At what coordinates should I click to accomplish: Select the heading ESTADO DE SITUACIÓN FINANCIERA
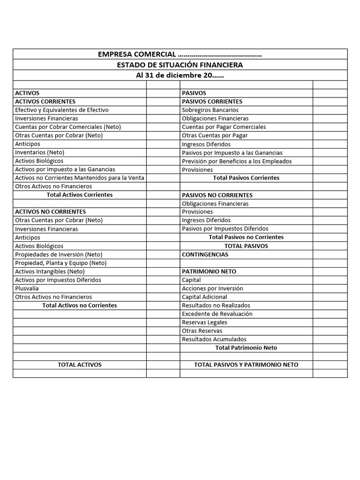click(180, 65)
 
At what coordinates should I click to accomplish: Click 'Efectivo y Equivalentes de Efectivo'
click(62, 110)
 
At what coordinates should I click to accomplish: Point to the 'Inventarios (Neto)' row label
click(40, 152)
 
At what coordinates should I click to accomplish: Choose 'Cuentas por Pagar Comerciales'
click(224, 127)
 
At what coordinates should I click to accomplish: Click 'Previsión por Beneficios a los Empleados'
click(237, 161)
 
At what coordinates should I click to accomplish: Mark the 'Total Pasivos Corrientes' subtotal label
click(246, 178)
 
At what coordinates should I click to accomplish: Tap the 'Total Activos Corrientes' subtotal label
click(80, 195)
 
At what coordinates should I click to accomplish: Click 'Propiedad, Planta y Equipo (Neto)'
click(61, 263)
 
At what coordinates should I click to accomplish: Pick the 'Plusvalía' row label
click(27, 288)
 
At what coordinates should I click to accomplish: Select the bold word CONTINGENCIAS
click(205, 255)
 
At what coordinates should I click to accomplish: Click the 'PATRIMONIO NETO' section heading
click(209, 271)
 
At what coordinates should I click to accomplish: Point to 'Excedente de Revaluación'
click(217, 314)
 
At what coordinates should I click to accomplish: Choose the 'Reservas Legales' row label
click(204, 322)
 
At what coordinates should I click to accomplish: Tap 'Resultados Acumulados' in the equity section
click(214, 339)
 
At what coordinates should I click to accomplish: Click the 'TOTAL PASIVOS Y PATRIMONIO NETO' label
click(246, 365)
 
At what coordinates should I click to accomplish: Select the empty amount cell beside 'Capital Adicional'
click(330, 297)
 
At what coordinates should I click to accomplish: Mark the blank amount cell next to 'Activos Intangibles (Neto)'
click(163, 271)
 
